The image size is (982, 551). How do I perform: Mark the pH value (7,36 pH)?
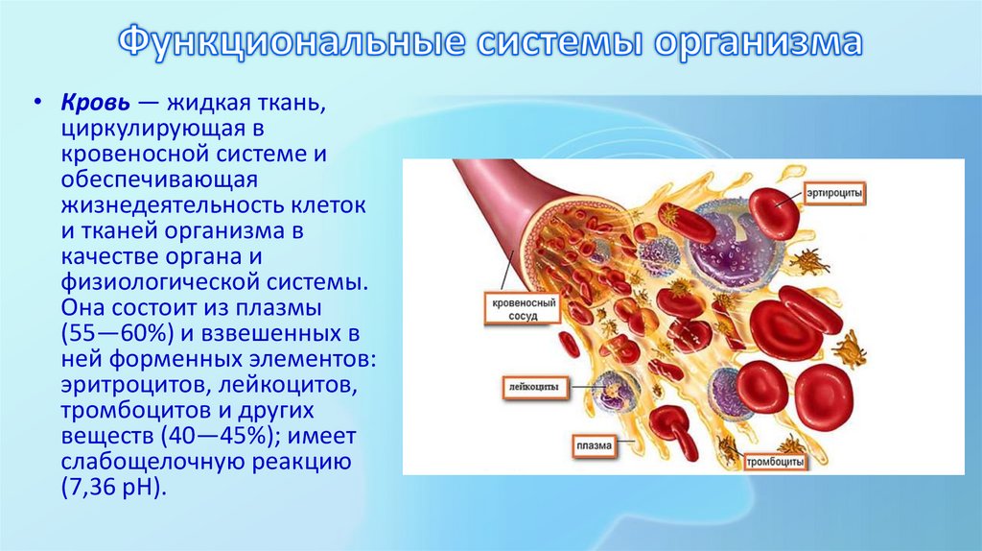pyautogui.click(x=113, y=487)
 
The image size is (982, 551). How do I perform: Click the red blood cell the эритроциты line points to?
pyautogui.click(x=773, y=212)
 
